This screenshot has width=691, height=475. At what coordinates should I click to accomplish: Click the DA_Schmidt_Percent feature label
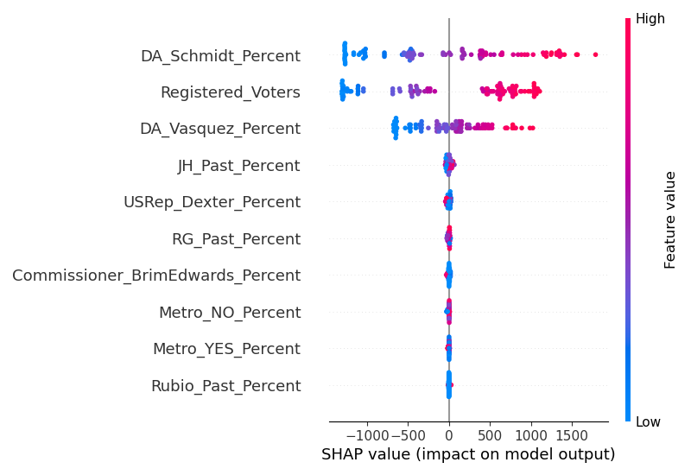(x=220, y=56)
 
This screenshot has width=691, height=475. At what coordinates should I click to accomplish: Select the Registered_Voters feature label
(x=231, y=92)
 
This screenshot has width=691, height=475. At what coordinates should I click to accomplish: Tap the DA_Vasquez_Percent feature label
(x=220, y=129)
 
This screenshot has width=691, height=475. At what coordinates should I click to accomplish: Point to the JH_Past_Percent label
(x=238, y=166)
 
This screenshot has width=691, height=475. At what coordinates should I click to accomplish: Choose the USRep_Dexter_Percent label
(x=212, y=202)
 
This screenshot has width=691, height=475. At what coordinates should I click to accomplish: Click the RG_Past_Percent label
(x=236, y=239)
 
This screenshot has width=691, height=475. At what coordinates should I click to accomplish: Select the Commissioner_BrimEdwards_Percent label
(x=156, y=275)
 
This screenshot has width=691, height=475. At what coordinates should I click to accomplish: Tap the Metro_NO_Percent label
(x=230, y=313)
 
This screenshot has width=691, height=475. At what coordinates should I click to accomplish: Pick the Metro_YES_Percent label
(x=226, y=349)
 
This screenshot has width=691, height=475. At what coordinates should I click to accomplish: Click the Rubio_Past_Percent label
(x=225, y=386)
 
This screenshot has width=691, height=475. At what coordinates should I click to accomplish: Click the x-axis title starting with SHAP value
(x=468, y=454)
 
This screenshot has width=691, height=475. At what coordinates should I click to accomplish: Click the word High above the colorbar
(x=650, y=19)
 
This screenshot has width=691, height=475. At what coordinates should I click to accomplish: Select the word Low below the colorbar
(x=649, y=421)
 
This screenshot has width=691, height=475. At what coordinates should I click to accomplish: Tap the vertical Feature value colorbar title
(x=670, y=219)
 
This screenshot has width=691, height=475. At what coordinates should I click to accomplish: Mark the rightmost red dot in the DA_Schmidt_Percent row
(x=595, y=55)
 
